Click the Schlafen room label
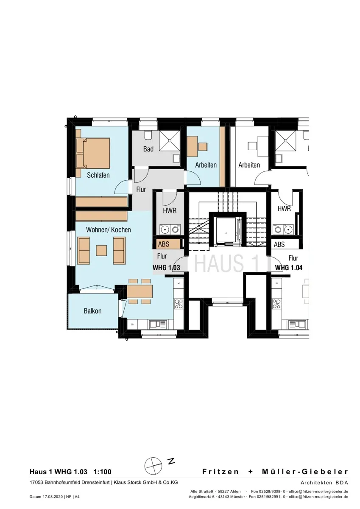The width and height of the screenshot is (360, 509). tap(98, 175)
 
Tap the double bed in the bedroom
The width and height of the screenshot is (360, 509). tap(94, 153)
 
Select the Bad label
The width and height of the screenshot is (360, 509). tap(148, 149)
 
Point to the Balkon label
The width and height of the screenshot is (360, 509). tap(92, 311)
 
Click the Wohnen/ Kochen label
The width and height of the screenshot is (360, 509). tap(109, 230)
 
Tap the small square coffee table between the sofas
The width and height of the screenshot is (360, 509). tap(101, 250)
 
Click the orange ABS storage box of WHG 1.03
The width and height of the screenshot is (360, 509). tap(168, 244)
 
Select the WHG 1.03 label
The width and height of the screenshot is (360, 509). tap(166, 268)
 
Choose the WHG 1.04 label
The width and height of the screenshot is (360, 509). tap(289, 268)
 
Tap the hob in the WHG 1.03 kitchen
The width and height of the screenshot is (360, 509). tap(179, 304)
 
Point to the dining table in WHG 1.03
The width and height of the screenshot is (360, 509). tap(140, 291)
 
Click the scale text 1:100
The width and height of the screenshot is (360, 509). tap(103, 472)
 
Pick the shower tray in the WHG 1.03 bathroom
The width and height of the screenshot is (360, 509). tap(170, 141)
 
